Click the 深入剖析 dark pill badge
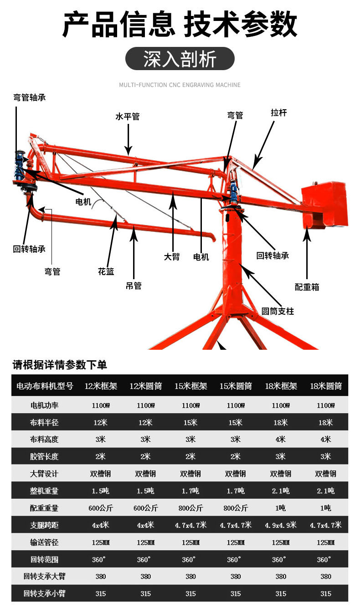pyautogui.click(x=180, y=59)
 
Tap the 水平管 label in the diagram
pyautogui.click(x=128, y=117)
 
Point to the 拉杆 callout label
pyautogui.click(x=279, y=112)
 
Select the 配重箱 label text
pyautogui.click(x=307, y=287)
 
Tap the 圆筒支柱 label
pyautogui.click(x=278, y=312)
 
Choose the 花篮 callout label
pyautogui.click(x=106, y=272)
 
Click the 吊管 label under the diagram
pyautogui.click(x=134, y=286)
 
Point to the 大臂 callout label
pyautogui.click(x=172, y=257)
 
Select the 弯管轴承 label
pyautogui.click(x=30, y=97)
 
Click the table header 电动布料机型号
pyautogui.click(x=45, y=386)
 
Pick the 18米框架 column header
pyautogui.click(x=281, y=386)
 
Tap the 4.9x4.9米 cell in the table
pyautogui.click(x=281, y=525)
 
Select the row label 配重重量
pyautogui.click(x=45, y=508)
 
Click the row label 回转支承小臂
pyautogui.click(x=45, y=593)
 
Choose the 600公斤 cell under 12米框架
pyautogui.click(x=101, y=508)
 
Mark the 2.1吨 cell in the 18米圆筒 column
pyautogui.click(x=325, y=490)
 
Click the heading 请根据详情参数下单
pyautogui.click(x=60, y=365)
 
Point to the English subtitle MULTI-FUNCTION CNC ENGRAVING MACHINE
pyautogui.click(x=180, y=85)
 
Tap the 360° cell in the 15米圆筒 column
pyautogui.click(x=236, y=559)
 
